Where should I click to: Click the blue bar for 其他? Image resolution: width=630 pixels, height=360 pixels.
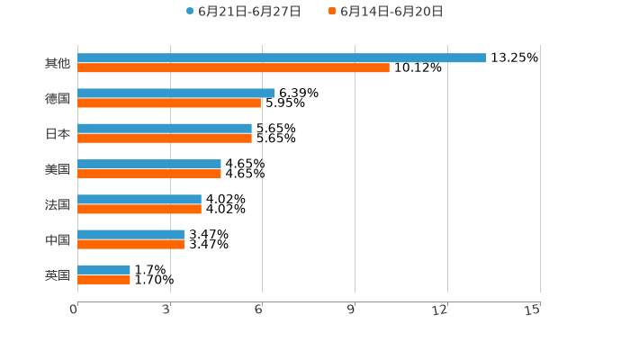coord(282,58)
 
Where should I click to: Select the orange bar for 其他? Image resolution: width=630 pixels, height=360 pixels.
coord(233,67)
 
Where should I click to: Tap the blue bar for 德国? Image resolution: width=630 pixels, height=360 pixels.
coord(175,93)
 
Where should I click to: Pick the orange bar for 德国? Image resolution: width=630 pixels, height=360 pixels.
coord(169,103)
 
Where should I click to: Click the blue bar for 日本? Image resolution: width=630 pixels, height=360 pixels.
coord(165,129)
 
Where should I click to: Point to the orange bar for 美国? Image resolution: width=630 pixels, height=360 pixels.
coord(149,174)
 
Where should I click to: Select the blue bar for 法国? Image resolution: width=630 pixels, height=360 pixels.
coord(139,199)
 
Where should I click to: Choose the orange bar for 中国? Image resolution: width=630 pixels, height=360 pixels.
coord(130,244)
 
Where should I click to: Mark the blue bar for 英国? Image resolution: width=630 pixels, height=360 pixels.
coord(103,269)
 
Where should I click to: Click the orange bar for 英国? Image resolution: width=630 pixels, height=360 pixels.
coord(103,279)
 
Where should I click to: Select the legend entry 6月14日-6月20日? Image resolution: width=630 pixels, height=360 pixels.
coord(391,12)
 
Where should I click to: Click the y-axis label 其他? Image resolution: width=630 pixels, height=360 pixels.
coord(57,63)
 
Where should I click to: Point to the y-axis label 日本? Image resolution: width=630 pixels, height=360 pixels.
coord(57,133)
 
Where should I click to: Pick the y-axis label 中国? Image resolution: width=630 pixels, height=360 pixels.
coord(57,239)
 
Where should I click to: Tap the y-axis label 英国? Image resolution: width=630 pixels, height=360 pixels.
coord(57,274)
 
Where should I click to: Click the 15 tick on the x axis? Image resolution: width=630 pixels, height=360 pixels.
coord(533,310)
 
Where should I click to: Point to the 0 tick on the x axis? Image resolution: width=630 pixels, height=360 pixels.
coord(75,310)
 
